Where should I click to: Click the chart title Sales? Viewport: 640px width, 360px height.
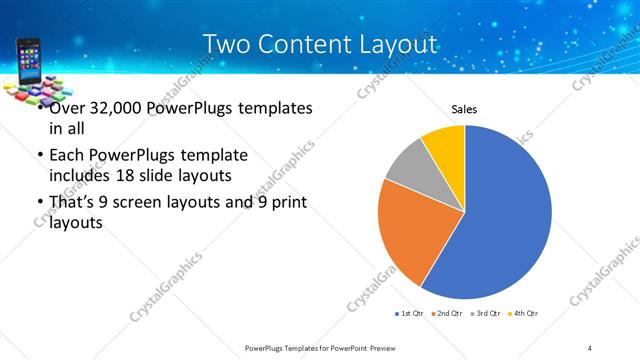click(464, 108)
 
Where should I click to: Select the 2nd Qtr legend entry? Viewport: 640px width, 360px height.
click(446, 314)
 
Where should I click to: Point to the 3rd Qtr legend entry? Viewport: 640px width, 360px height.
click(485, 314)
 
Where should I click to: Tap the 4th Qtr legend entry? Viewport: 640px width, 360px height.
click(524, 314)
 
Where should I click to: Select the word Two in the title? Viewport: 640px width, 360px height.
click(227, 45)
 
